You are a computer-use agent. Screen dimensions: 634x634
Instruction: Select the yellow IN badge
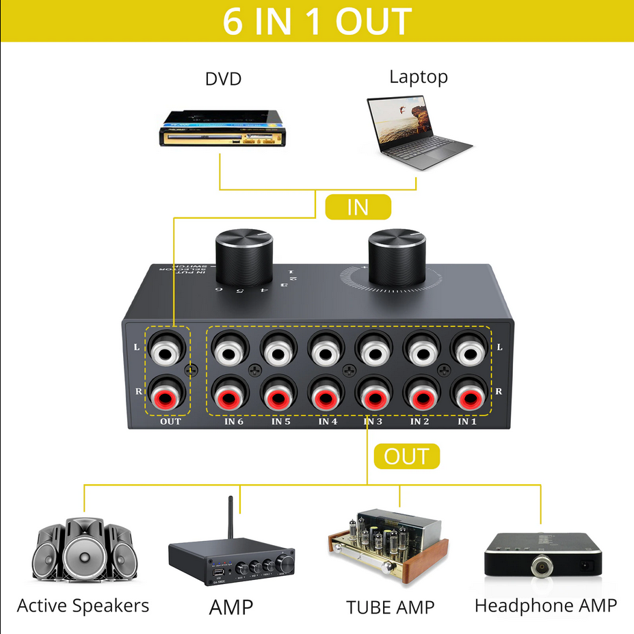click(x=357, y=207)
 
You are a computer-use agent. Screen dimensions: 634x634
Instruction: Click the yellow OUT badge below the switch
click(x=406, y=456)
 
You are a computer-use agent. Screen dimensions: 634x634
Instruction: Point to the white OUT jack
click(x=168, y=352)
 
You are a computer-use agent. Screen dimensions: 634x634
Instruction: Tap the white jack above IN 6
click(x=229, y=352)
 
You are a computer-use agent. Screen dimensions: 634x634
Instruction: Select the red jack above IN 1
click(x=468, y=396)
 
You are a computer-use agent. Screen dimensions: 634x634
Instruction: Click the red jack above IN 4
click(x=325, y=396)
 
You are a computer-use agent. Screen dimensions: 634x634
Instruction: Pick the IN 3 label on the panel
click(x=373, y=421)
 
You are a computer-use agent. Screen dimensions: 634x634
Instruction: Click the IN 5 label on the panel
click(x=281, y=421)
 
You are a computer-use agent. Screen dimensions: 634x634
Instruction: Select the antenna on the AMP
click(x=230, y=520)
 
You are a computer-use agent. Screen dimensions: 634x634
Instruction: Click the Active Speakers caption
click(x=83, y=605)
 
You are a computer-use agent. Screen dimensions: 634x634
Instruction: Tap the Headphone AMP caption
click(x=546, y=605)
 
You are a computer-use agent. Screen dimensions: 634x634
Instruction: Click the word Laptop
click(x=419, y=77)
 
